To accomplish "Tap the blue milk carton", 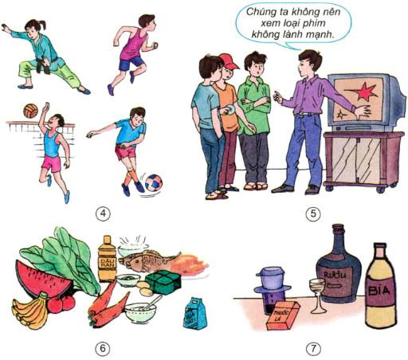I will (194, 313).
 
